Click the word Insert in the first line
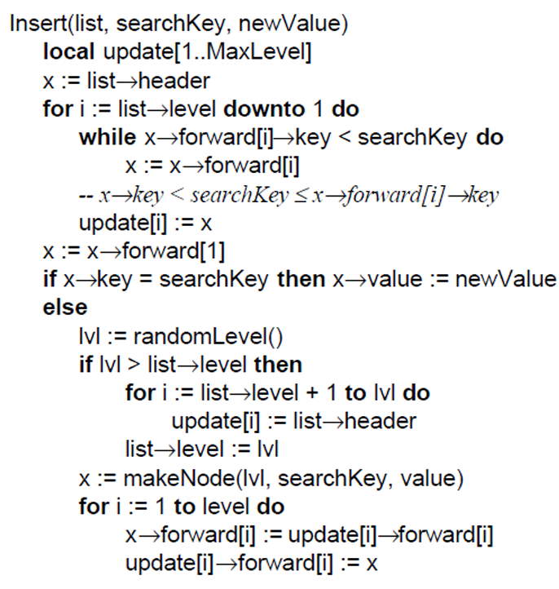tap(37, 24)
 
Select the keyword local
tap(68, 51)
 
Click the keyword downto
tap(264, 109)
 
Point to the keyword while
tap(108, 138)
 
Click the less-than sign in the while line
tap(344, 138)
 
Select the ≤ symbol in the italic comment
tap(300, 196)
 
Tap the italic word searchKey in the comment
tap(240, 196)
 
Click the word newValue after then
tap(505, 280)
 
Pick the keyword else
tap(65, 308)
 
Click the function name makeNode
tap(178, 479)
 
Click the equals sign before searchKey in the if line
tap(146, 280)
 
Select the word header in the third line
tap(174, 81)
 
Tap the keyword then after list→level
tap(278, 365)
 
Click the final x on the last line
tap(372, 565)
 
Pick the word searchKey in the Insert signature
tap(170, 24)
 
